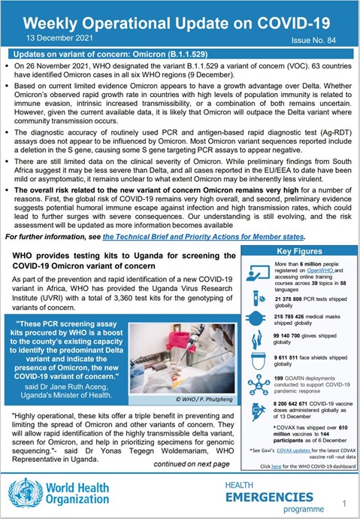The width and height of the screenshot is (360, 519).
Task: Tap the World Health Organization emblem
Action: [x=20, y=490]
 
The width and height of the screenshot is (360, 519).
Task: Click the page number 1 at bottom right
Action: [x=344, y=502]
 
